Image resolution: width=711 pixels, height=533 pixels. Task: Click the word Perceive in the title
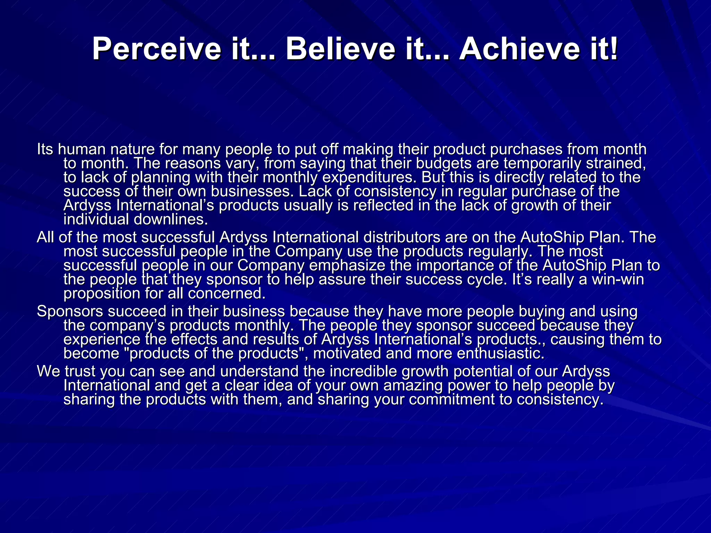click(156, 49)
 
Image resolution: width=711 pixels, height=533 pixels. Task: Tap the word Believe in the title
click(340, 49)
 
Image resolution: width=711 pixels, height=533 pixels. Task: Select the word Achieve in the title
click(519, 49)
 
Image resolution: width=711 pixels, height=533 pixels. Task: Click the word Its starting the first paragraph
click(45, 149)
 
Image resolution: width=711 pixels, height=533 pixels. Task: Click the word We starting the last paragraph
click(49, 372)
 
